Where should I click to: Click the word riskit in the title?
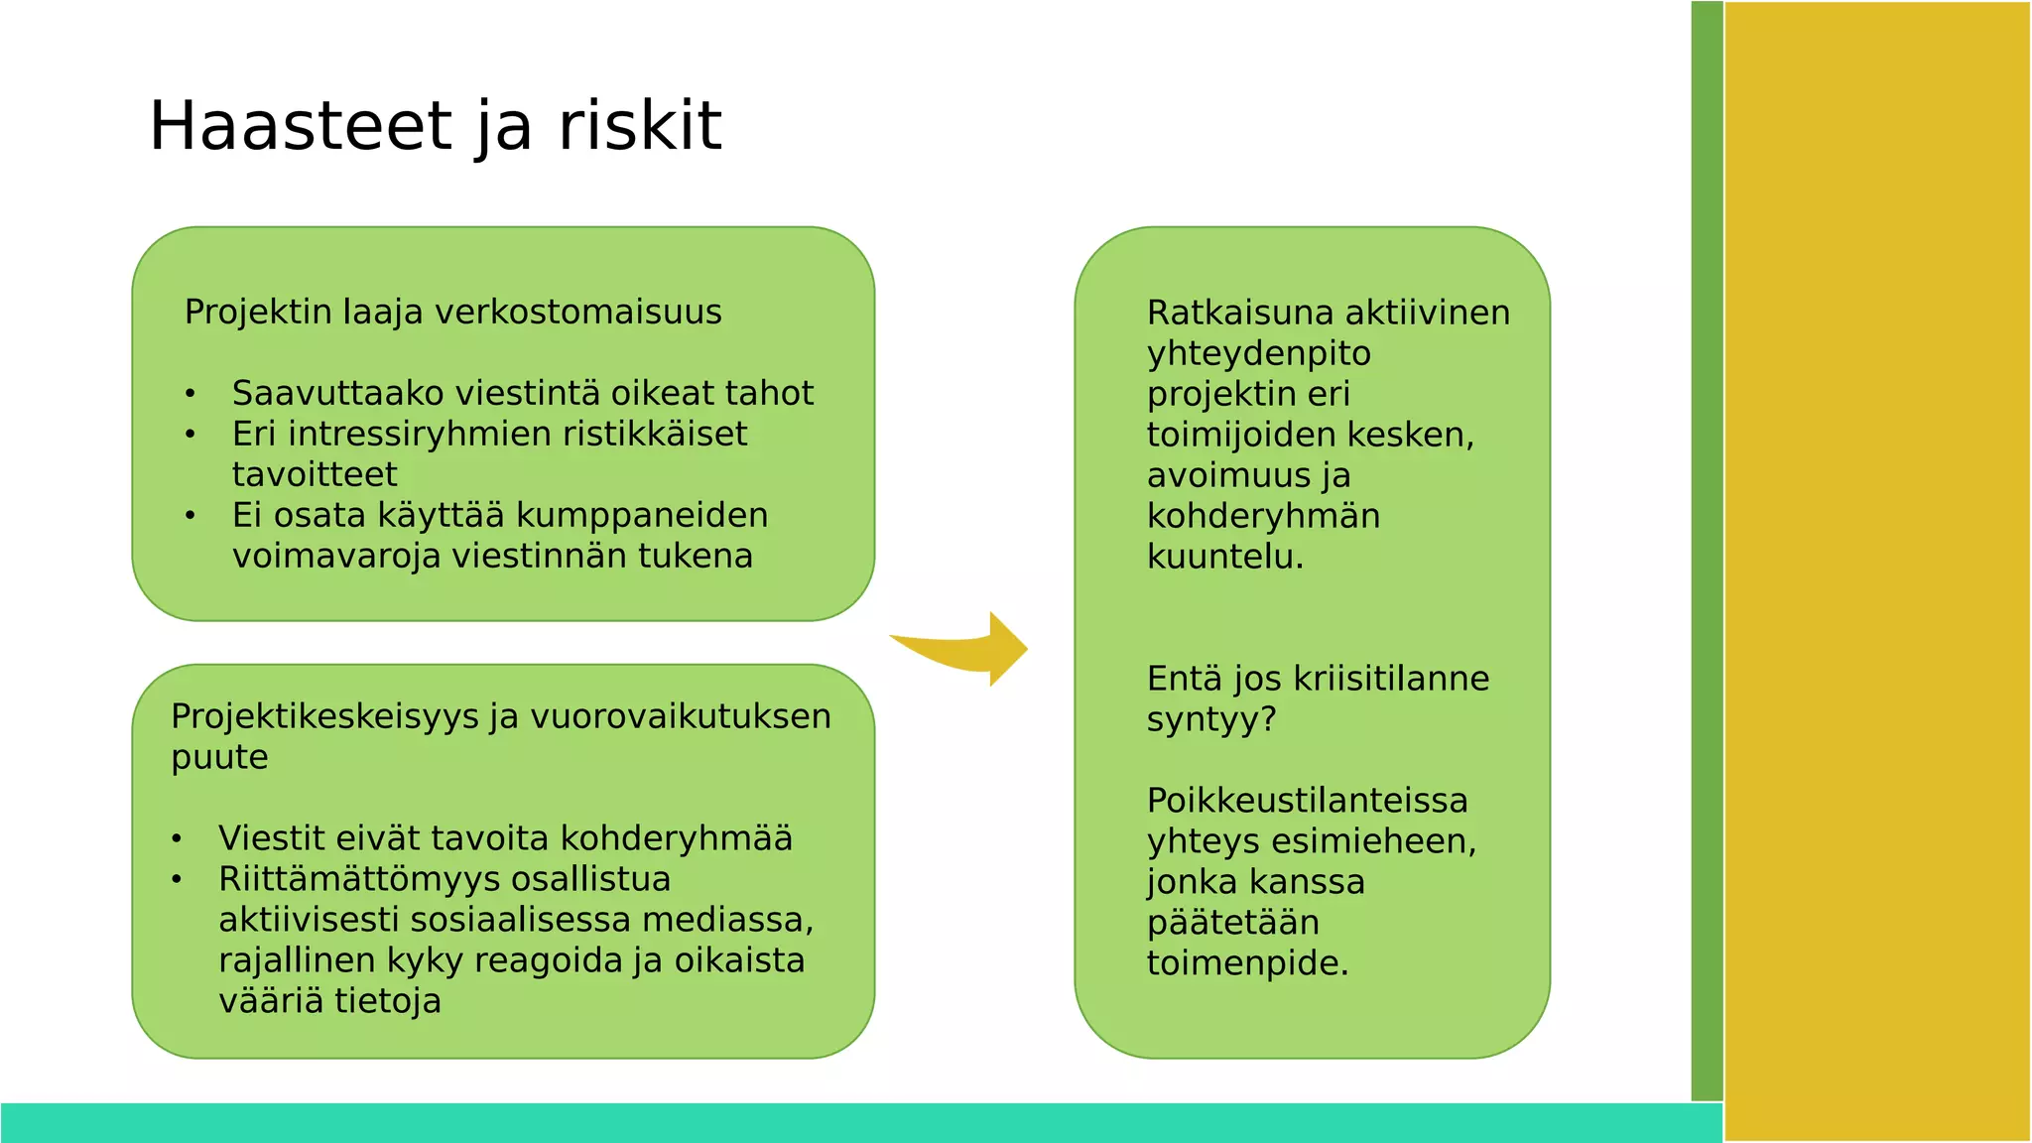click(x=640, y=126)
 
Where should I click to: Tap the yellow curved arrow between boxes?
click(x=967, y=651)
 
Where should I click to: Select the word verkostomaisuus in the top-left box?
click(x=578, y=313)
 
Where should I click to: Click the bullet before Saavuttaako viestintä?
click(x=190, y=395)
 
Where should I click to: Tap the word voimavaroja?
click(x=336, y=557)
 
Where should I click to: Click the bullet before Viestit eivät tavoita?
click(x=177, y=839)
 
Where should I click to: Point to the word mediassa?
click(x=727, y=921)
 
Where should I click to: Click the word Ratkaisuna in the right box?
click(x=1238, y=314)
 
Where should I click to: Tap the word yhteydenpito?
click(x=1258, y=354)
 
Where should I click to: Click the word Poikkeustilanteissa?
click(x=1307, y=801)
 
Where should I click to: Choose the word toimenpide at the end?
click(x=1247, y=963)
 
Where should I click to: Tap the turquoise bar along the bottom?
click(x=853, y=1122)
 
